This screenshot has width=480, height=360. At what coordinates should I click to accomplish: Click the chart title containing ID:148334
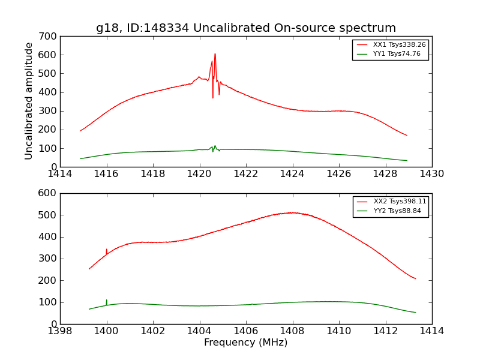coord(246,28)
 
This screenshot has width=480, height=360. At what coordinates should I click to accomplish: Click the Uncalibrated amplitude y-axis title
coord(29,101)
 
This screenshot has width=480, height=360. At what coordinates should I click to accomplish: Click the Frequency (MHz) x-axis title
coord(246,343)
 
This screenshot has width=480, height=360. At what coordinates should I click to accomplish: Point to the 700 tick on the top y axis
coord(50,36)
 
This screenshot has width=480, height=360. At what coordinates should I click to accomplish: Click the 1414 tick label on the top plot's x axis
coord(60,174)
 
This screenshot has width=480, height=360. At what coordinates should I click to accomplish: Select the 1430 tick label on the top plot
coord(432,174)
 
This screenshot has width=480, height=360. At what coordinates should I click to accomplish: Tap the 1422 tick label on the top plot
coord(246,174)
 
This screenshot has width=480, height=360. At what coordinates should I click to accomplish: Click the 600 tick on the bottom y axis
coord(50,193)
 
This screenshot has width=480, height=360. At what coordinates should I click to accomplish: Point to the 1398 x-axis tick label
coord(60,331)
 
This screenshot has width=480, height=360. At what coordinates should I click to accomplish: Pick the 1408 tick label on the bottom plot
coord(292,331)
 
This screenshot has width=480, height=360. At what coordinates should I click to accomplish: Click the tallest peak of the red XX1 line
coord(215,54)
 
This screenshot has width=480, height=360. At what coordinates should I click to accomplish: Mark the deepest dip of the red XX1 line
coord(212,98)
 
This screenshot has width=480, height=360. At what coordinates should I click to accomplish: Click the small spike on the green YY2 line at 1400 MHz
coord(107,300)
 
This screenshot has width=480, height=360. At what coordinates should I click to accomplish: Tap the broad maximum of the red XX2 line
coord(292,212)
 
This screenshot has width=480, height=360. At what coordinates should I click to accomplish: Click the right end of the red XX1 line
coord(407,135)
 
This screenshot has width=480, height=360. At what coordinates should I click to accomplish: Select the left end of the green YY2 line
coord(89,309)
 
